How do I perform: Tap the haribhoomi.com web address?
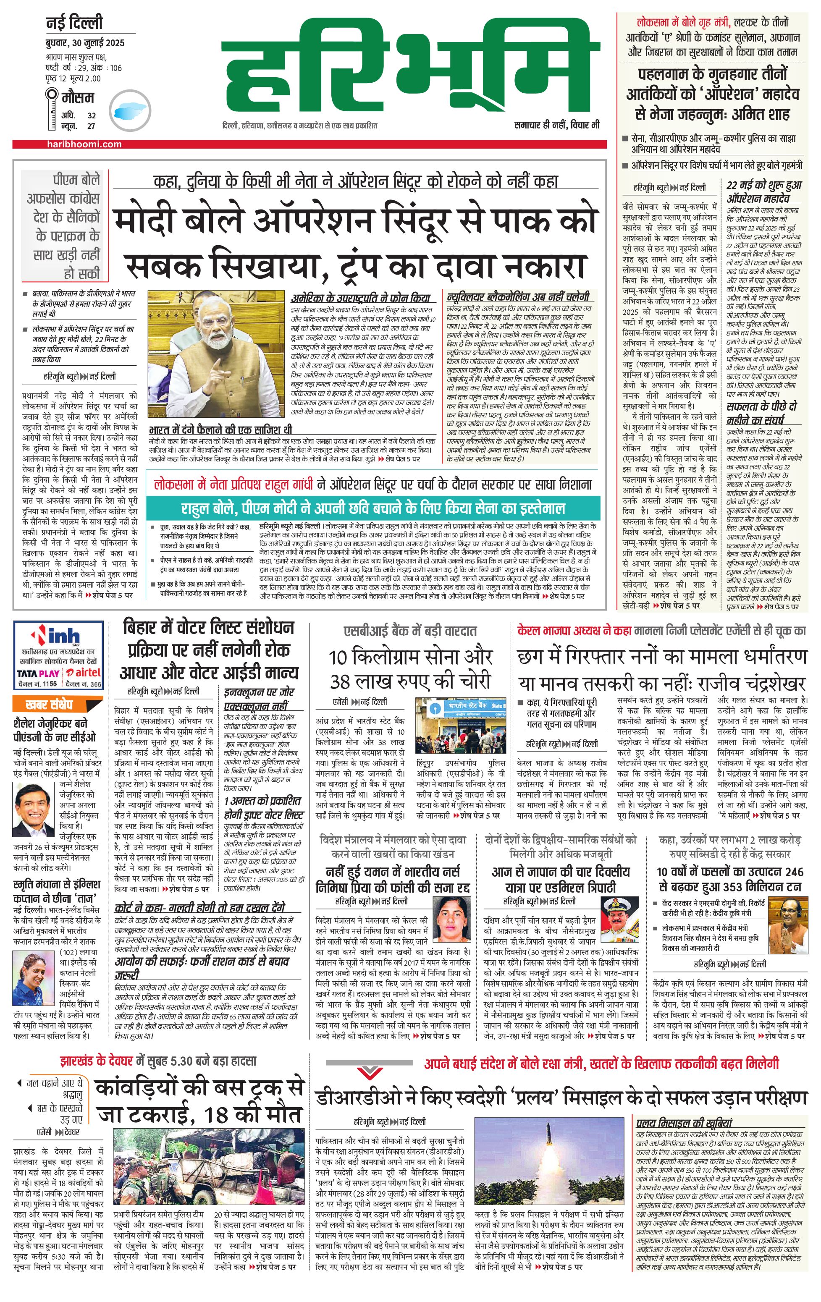[x=84, y=144]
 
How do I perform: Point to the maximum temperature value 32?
[x=92, y=115]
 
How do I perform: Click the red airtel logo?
[x=84, y=673]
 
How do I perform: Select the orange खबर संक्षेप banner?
[x=50, y=704]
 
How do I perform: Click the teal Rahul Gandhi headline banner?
[x=373, y=508]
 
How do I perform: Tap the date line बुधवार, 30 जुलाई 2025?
[x=85, y=43]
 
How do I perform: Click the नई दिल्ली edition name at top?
[x=74, y=23]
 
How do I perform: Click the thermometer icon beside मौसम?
[x=52, y=108]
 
